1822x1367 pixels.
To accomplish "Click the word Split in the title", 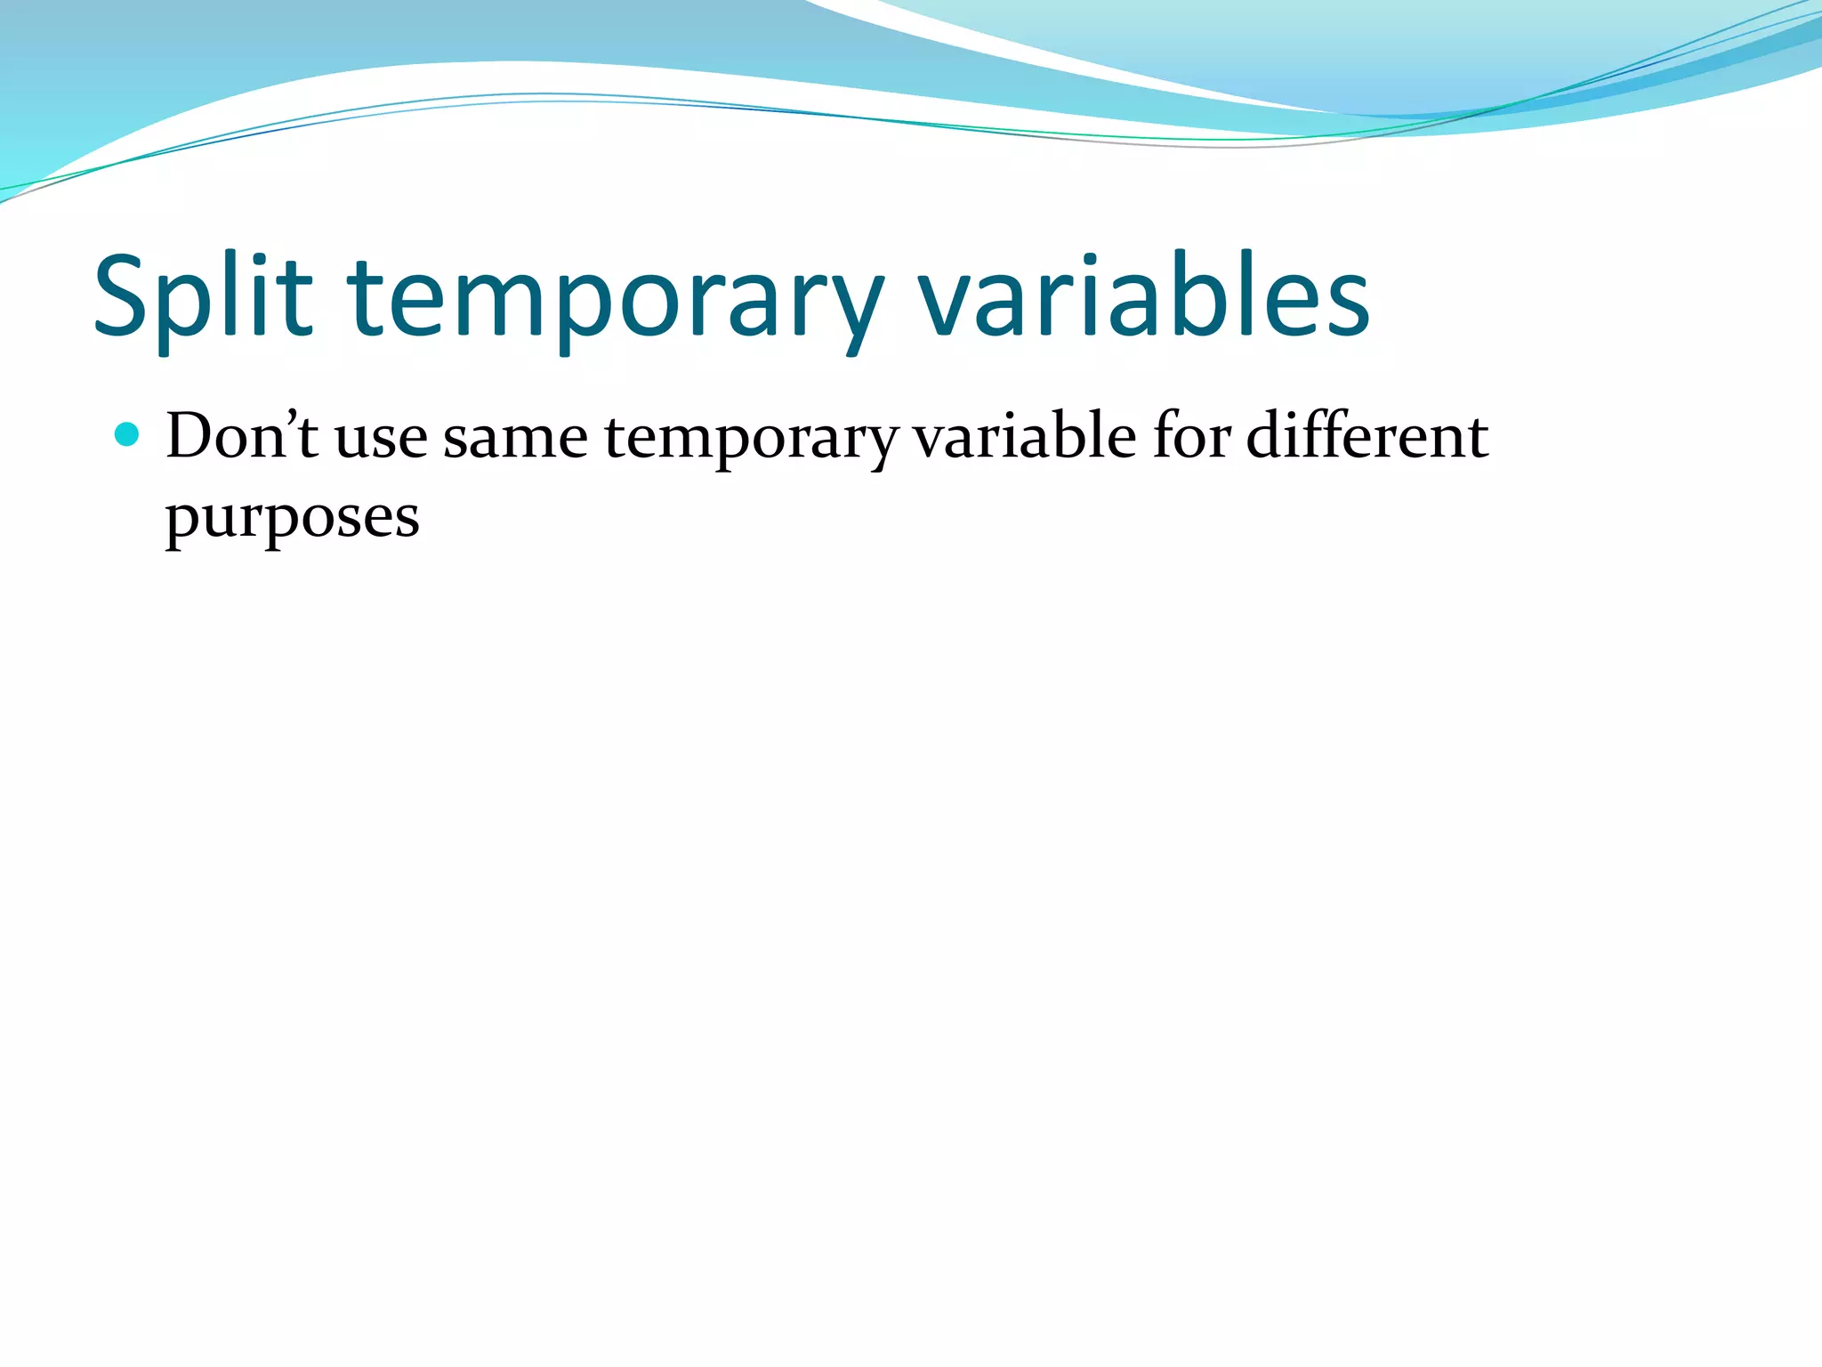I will tap(203, 298).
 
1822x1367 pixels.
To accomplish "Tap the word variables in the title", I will tap(1143, 298).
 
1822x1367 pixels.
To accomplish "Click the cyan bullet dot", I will tap(128, 434).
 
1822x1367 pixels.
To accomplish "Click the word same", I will tap(515, 438).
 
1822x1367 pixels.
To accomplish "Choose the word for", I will tap(1192, 436).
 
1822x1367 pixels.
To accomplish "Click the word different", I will tap(1366, 436).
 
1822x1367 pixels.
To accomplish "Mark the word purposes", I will tap(292, 518).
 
